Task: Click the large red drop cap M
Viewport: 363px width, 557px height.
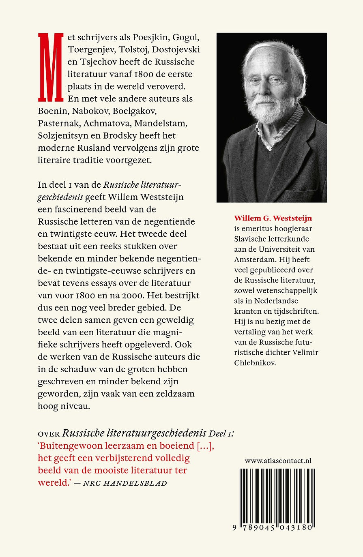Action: (x=51, y=67)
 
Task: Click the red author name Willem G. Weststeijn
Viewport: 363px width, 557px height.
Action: (x=273, y=218)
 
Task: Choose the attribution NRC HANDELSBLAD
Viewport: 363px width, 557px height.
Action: (x=125, y=483)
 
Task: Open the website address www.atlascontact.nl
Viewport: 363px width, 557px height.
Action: (x=278, y=461)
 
